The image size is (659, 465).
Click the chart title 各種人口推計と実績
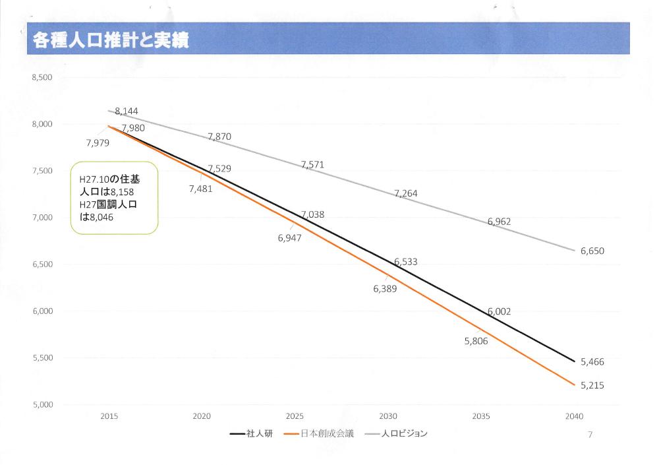(111, 40)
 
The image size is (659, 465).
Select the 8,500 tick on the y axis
(42, 78)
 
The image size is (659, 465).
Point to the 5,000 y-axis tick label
(42, 404)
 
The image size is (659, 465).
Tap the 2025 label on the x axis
(295, 416)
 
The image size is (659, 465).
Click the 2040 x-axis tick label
(573, 416)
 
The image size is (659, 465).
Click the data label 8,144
(127, 111)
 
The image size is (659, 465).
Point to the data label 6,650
(592, 251)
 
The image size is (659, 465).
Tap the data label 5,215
(592, 385)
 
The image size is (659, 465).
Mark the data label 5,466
(592, 362)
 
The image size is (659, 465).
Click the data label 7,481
(200, 189)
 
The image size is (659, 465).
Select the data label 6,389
(385, 288)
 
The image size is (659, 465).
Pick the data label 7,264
(406, 193)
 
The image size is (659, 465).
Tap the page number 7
(590, 434)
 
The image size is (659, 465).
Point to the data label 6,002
(500, 311)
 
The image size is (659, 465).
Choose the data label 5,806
(476, 341)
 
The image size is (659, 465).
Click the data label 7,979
(98, 142)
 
